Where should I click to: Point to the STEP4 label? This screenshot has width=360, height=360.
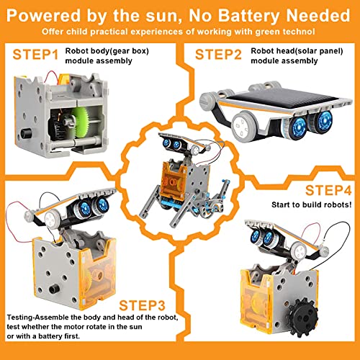click(x=328, y=191)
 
